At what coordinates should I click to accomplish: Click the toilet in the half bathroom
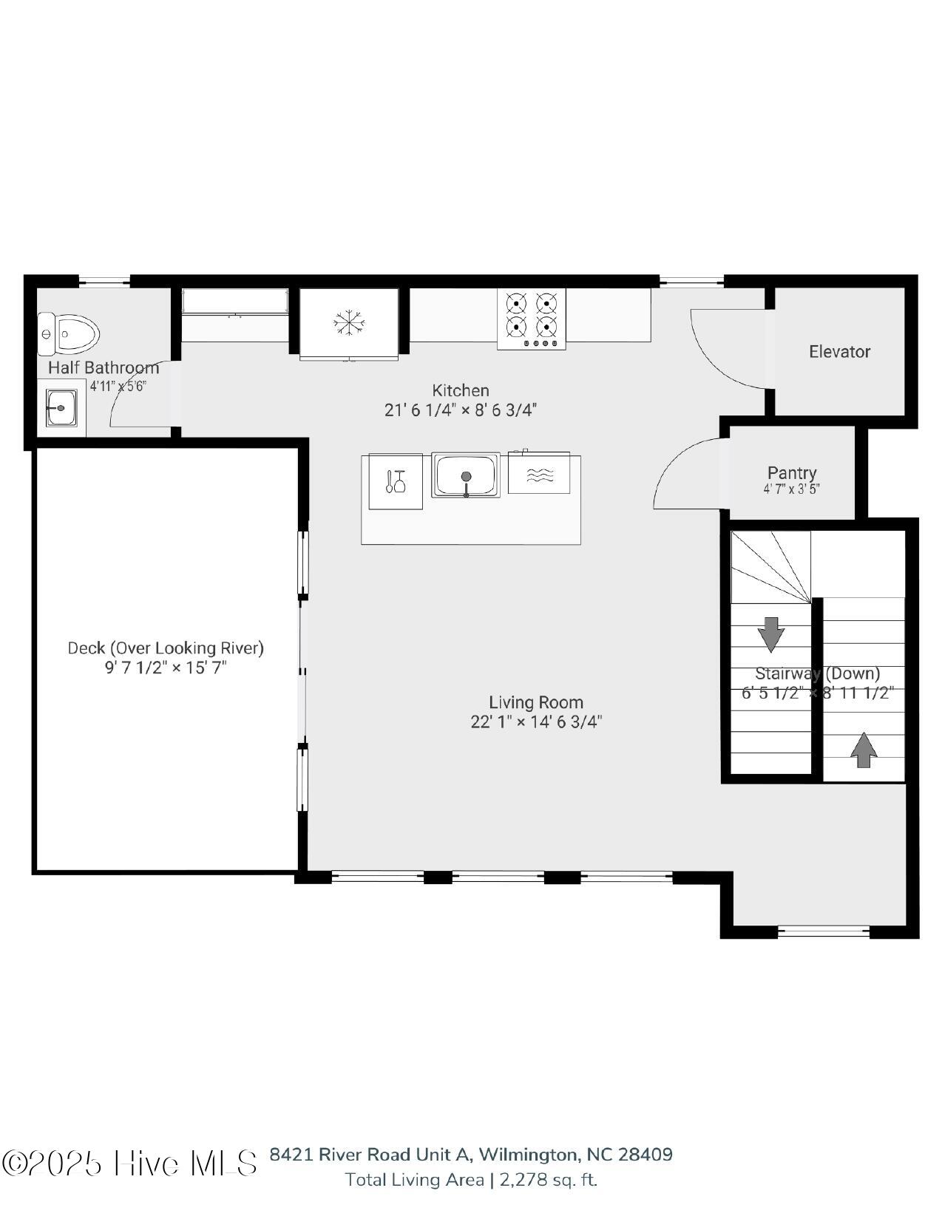(x=68, y=334)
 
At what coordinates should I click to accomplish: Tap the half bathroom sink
(x=61, y=408)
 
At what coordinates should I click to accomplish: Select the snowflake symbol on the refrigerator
(x=349, y=323)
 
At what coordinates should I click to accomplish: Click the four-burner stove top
(x=532, y=319)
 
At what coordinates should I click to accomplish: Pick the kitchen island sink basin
(x=466, y=476)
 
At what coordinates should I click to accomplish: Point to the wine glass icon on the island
(x=396, y=481)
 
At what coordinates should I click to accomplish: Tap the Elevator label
(x=839, y=352)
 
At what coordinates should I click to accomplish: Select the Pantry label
(x=792, y=473)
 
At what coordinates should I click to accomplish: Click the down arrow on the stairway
(x=771, y=634)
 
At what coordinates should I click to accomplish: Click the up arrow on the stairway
(x=864, y=750)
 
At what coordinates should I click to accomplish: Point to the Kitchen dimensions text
(x=460, y=410)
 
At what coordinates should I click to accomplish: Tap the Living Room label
(x=536, y=702)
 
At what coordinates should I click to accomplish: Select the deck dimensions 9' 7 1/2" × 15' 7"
(x=166, y=668)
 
